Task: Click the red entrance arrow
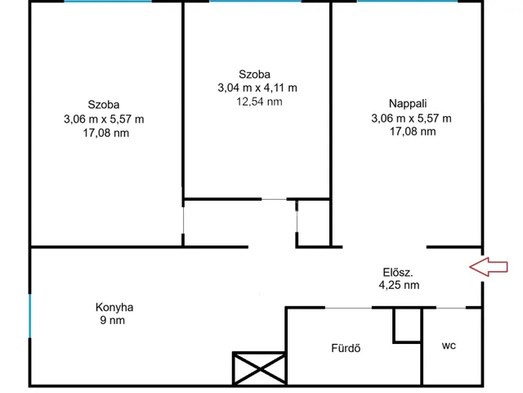coord(489,267)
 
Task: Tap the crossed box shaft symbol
coord(260,368)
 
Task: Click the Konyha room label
coord(114,307)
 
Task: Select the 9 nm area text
coord(113,320)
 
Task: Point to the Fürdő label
coord(346,348)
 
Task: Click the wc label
coord(449,346)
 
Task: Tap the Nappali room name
coord(408,104)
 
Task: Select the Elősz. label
coord(398,273)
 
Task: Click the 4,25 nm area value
coord(399,285)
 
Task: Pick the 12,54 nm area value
coord(260,102)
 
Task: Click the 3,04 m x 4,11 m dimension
coord(257,88)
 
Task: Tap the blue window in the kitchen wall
coord(30,316)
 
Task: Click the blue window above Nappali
coord(407,1)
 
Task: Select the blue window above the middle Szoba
coord(256,1)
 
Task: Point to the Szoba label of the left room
coord(104,105)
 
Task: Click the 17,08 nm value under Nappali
coord(413,131)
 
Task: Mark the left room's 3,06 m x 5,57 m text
coord(104,119)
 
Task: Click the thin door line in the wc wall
coord(451,308)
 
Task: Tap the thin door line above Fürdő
coord(348,308)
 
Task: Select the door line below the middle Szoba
coord(274,199)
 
